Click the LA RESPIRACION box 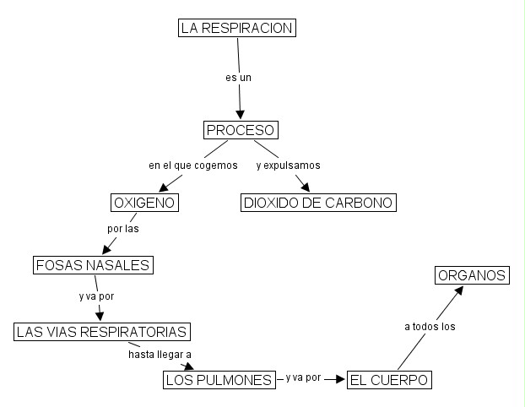click(x=237, y=29)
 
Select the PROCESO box click(x=241, y=130)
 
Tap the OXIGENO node click(x=143, y=203)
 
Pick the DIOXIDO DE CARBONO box click(x=318, y=203)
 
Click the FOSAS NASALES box click(x=93, y=265)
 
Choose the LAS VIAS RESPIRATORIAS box click(x=100, y=331)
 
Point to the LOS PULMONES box click(x=219, y=380)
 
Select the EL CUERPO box click(x=389, y=380)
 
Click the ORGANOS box click(x=472, y=275)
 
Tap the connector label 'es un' click(x=239, y=78)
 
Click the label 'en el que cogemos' click(x=193, y=166)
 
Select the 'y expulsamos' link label click(x=288, y=166)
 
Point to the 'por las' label click(x=123, y=229)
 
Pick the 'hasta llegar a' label click(x=160, y=355)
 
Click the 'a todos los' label click(x=430, y=326)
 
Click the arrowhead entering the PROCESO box click(x=241, y=116)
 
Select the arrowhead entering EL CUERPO click(x=341, y=380)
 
